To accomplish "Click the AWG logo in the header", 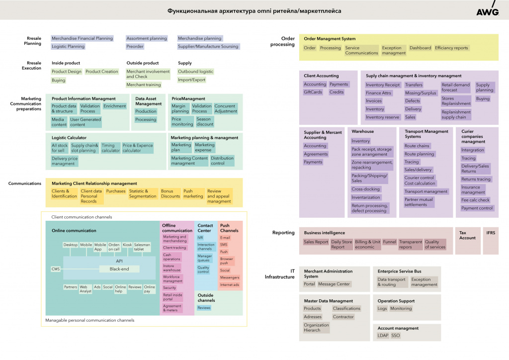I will point(487,11).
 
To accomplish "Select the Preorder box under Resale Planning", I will point(135,46).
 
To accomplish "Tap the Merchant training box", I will point(144,85).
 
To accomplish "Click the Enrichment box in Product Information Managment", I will point(115,106).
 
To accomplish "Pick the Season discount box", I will point(205,122).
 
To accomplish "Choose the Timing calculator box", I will point(110,148).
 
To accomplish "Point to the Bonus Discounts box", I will point(170,193).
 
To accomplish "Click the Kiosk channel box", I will point(127,245).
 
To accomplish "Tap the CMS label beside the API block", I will point(55,269).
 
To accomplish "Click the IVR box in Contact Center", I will point(200,238).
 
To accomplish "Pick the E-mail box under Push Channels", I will point(225,238).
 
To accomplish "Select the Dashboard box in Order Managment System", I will point(420,48).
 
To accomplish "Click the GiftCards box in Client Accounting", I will point(313,92).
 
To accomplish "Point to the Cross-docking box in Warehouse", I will point(366,189).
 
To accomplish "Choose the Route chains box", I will point(417,146).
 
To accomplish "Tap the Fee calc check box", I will point(475,200).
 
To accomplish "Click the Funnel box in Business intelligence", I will point(390,242).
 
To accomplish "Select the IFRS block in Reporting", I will point(491,233).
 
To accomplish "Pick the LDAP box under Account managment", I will point(383,336).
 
